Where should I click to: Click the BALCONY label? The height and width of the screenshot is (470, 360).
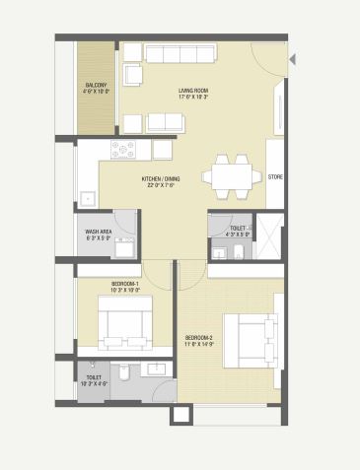click(x=96, y=84)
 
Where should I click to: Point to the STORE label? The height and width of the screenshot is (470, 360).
click(x=275, y=176)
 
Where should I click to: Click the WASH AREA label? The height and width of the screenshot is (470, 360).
click(x=97, y=232)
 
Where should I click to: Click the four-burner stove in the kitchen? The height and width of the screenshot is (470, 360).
click(x=123, y=150)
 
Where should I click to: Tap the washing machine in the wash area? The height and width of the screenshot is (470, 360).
click(x=122, y=246)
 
